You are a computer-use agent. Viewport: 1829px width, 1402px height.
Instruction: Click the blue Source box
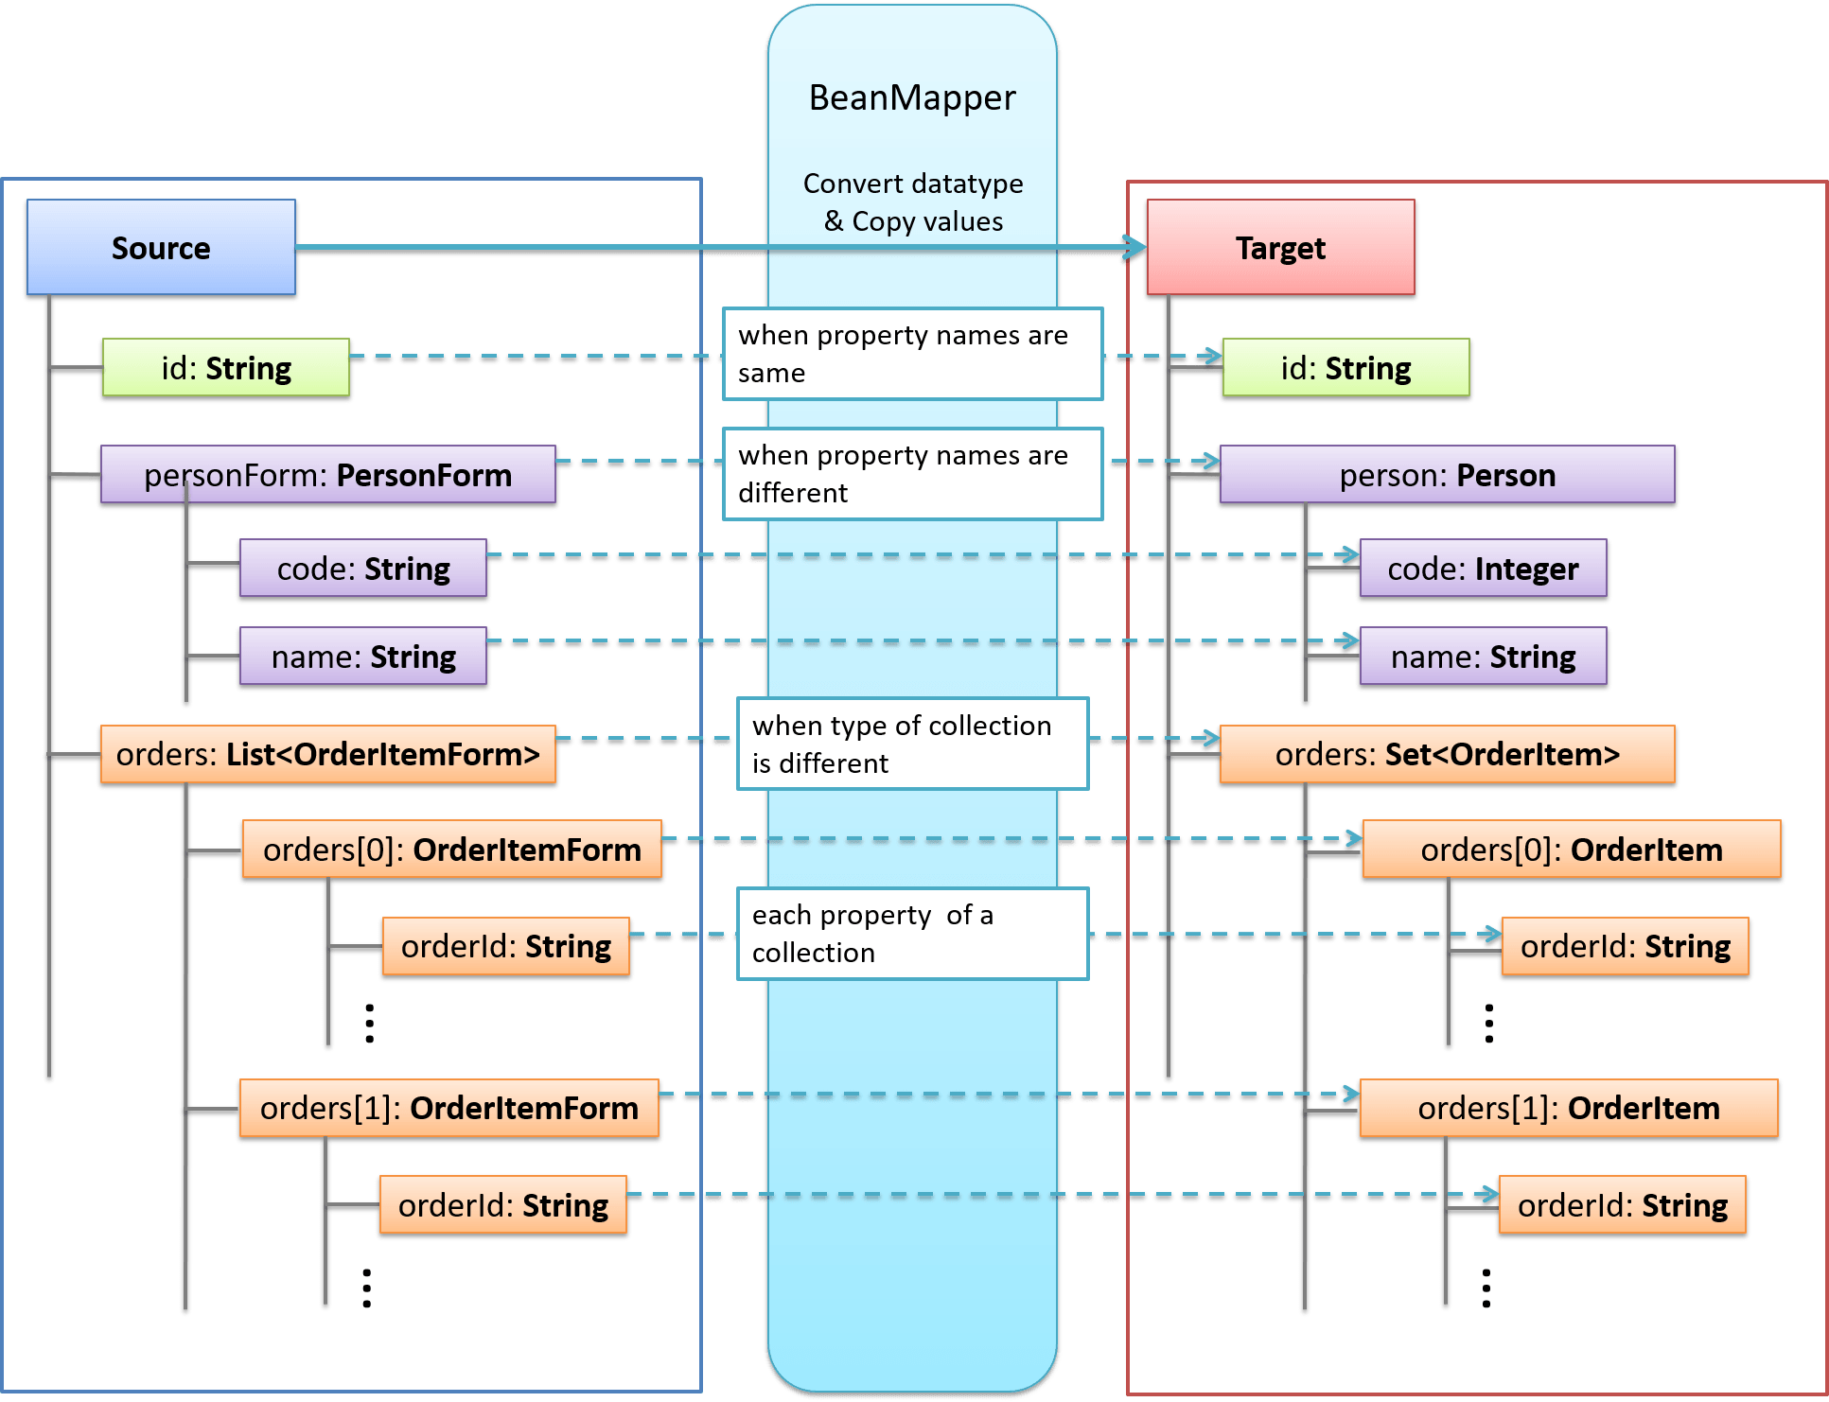(161, 247)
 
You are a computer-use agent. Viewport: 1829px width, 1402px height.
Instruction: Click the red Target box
(1280, 247)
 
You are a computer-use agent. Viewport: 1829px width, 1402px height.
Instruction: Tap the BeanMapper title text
(912, 97)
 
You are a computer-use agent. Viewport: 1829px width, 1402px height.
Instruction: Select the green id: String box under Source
(225, 367)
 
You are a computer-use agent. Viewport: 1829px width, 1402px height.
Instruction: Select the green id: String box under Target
(1345, 367)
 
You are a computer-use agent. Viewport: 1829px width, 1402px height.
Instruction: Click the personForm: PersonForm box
(327, 474)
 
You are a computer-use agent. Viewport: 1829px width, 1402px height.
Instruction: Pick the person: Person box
(1447, 474)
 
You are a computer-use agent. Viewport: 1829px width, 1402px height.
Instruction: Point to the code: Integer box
(1483, 568)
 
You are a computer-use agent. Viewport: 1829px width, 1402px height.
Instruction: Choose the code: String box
(363, 568)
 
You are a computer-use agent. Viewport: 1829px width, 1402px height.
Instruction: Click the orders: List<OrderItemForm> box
(327, 754)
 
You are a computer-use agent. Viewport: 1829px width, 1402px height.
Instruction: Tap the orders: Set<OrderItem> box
(1447, 754)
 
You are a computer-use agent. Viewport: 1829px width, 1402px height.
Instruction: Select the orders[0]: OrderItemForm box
(451, 849)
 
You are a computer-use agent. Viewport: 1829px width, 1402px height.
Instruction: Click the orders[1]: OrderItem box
(1568, 1107)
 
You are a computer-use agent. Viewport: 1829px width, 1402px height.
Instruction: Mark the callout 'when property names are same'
(912, 353)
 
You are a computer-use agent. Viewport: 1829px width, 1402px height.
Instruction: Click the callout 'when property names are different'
(912, 473)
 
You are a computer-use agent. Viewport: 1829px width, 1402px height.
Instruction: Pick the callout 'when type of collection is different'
(912, 744)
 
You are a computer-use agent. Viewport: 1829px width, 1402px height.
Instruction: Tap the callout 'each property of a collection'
(912, 933)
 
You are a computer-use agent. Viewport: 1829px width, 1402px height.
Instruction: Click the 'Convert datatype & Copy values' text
(912, 202)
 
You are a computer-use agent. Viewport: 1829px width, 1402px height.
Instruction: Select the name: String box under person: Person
(1483, 656)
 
